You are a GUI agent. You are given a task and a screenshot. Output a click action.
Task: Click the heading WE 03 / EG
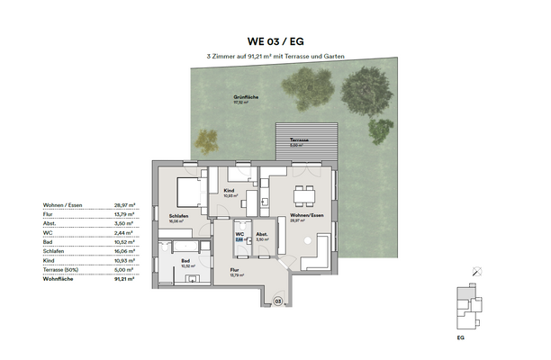click(275, 40)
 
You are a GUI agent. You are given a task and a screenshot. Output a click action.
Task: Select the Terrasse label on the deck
click(299, 141)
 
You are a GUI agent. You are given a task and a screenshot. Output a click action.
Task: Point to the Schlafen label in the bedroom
click(178, 216)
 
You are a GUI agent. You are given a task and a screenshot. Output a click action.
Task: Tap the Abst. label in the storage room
click(262, 236)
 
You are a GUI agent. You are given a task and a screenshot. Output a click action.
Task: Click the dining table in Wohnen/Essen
click(307, 191)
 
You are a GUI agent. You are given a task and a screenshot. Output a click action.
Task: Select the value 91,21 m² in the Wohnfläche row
click(124, 280)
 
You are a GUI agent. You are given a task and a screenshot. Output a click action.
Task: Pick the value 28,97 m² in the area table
click(124, 205)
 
